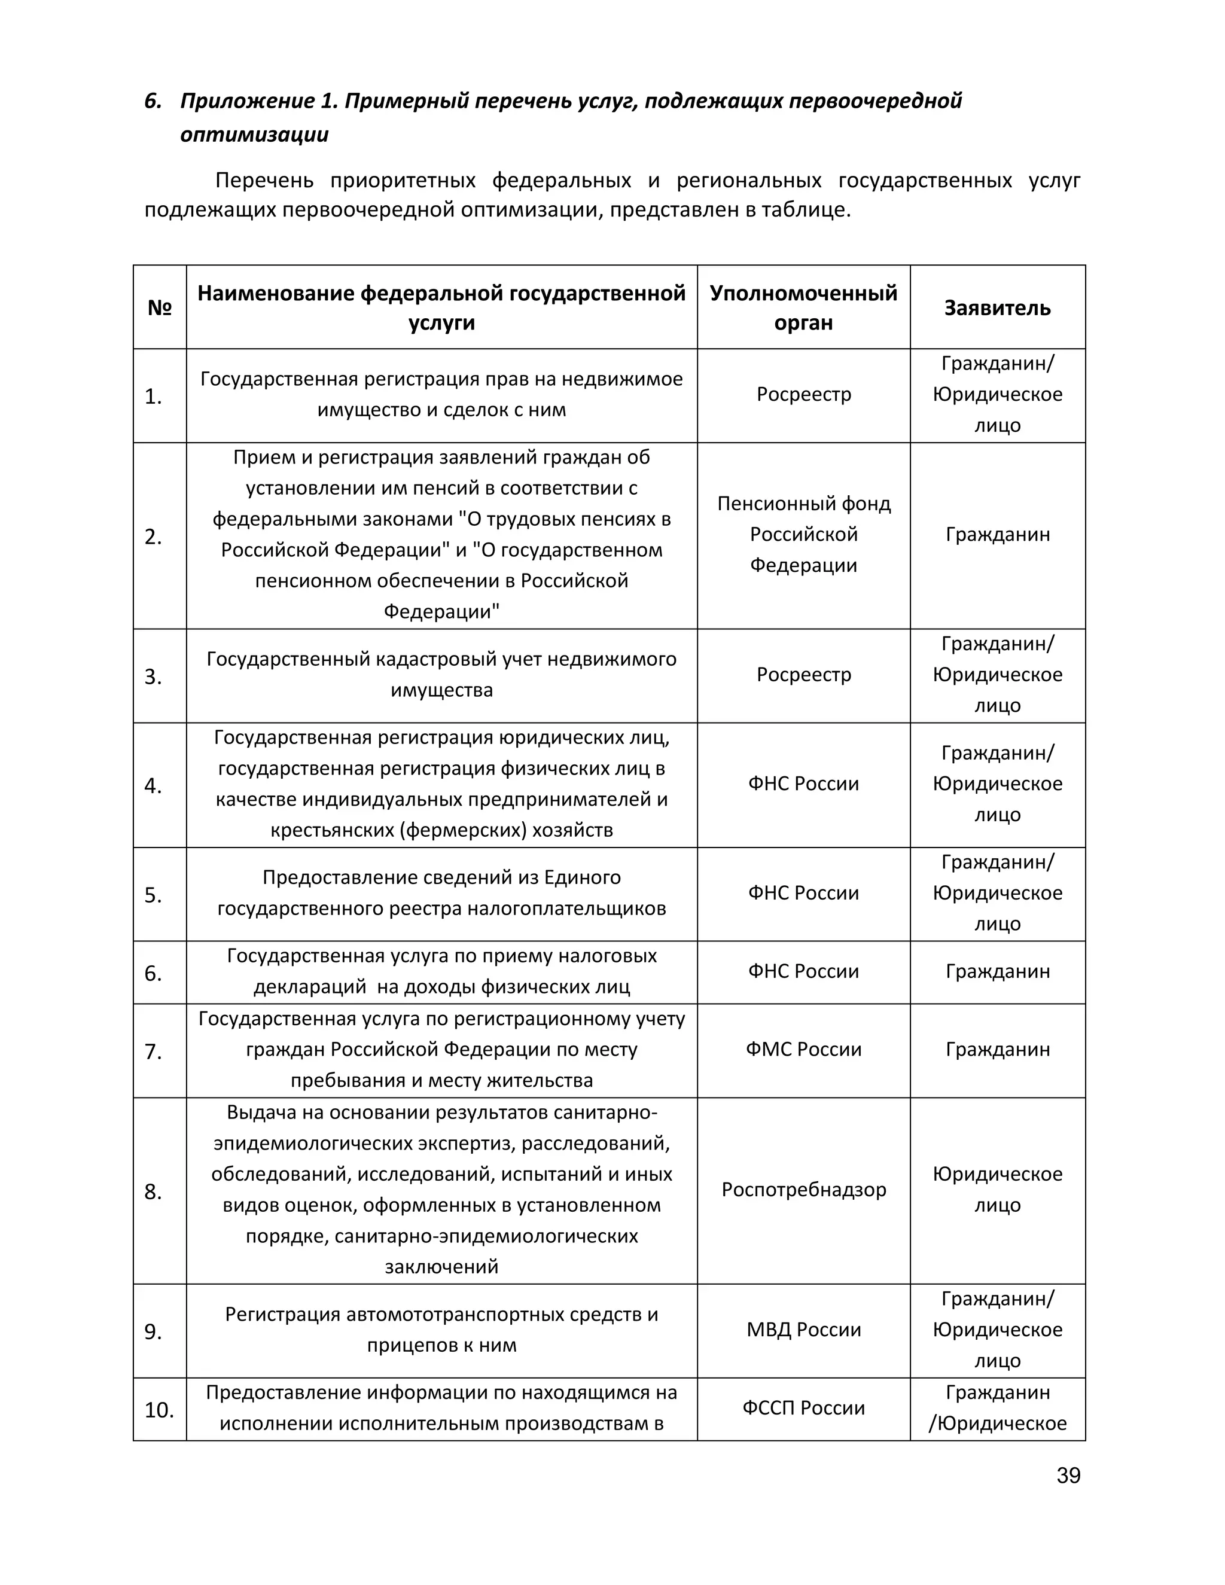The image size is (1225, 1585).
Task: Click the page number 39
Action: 1068,1476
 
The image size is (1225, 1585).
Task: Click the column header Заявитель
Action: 997,307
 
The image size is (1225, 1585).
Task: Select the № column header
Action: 160,307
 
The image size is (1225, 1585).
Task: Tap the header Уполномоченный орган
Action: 803,307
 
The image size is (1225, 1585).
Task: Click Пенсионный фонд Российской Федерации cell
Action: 803,534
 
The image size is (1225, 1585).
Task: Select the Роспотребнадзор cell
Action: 803,1190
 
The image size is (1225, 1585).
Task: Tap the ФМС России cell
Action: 803,1050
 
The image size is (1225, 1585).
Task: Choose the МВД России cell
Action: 803,1330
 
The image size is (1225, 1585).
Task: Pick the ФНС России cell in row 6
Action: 803,971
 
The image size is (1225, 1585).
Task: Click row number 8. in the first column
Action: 153,1191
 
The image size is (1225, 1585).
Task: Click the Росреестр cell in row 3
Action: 803,674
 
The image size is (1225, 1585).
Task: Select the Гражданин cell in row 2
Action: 997,535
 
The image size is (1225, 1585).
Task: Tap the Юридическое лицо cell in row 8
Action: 997,1190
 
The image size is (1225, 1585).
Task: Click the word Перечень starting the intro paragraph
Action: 264,180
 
